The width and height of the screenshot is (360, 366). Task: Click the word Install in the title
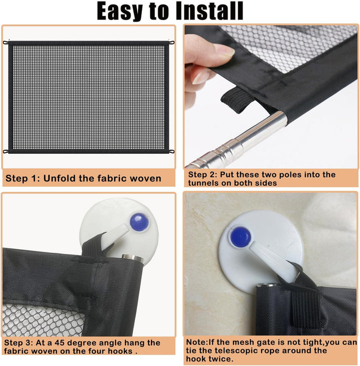209,11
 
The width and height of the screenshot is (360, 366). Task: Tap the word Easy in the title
119,12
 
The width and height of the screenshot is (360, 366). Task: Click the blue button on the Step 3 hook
139,222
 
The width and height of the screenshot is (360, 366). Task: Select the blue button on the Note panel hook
240,237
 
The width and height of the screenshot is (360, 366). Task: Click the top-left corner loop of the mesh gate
5,43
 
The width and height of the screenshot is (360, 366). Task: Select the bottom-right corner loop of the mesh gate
171,152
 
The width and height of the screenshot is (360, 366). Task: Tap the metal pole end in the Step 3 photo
132,257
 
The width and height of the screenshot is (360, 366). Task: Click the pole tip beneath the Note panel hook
267,285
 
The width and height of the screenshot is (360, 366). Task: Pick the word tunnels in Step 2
203,183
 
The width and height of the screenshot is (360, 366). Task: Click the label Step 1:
22,179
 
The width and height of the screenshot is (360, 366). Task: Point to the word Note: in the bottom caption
197,342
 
